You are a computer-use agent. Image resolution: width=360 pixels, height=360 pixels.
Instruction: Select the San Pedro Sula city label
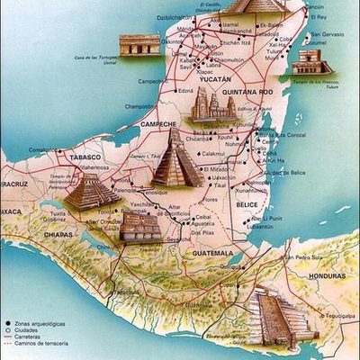(x=306, y=256)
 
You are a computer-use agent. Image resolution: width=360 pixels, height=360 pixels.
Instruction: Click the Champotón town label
(x=140, y=105)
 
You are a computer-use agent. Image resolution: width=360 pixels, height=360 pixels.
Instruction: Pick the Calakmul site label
(x=213, y=153)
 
